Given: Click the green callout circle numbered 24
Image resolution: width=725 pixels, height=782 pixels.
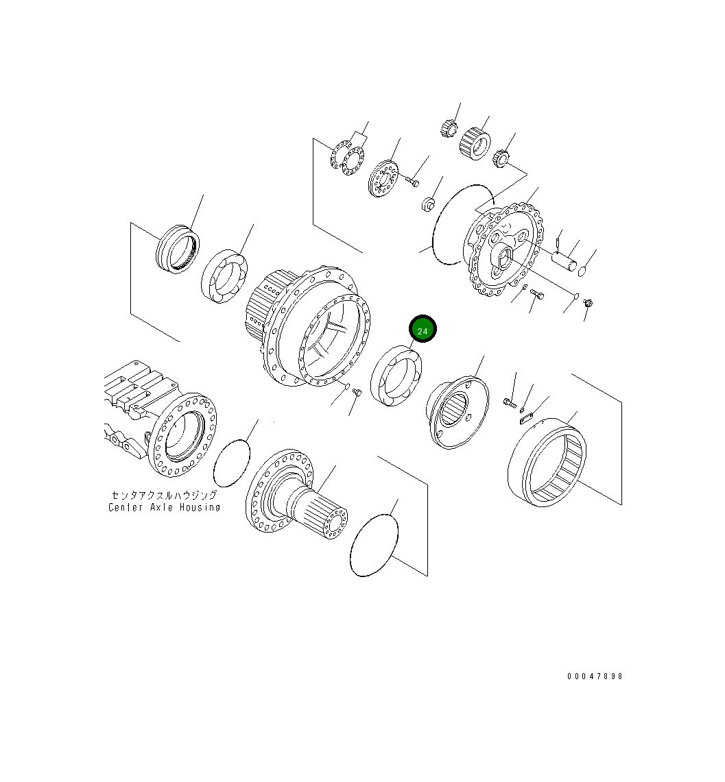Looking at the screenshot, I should point(423,330).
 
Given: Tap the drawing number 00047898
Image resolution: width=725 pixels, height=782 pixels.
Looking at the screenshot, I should point(595,676).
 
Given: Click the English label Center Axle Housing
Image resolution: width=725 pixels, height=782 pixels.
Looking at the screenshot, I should point(165,507).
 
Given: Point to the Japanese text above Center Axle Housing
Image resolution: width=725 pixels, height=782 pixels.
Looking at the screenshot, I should point(165,495).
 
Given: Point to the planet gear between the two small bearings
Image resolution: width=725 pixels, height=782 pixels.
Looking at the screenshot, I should point(473,143).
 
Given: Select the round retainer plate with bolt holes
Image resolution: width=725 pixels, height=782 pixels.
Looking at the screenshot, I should point(382,180).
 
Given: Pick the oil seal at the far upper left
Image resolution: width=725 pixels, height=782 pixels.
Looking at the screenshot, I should point(178,249).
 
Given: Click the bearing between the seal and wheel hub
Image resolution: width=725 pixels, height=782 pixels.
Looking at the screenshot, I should point(223,277).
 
